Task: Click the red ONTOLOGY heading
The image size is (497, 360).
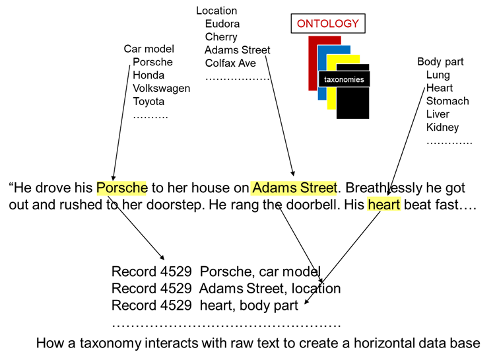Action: pos(327,24)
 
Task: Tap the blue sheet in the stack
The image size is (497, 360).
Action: pos(321,92)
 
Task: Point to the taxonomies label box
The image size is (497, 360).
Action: pos(344,79)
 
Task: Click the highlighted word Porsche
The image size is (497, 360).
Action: pos(121,188)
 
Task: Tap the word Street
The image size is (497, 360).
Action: pos(317,188)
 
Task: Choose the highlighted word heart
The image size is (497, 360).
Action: pos(383,205)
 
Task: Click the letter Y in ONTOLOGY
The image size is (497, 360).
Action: pos(355,24)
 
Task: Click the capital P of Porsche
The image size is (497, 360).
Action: pos(101,188)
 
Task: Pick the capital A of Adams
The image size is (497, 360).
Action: pos(257,188)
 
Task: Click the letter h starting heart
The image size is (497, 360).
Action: pos(372,205)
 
